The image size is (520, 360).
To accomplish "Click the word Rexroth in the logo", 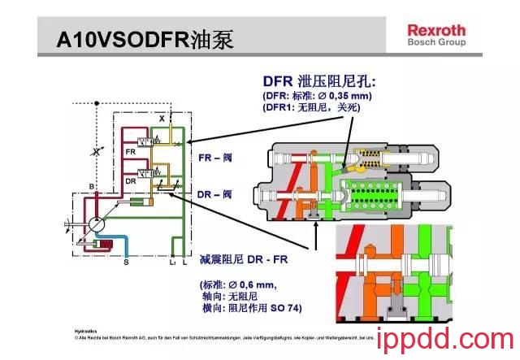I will click(x=436, y=30).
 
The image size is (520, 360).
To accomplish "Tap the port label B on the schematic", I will click(x=92, y=186).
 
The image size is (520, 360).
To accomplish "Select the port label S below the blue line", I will click(x=125, y=262).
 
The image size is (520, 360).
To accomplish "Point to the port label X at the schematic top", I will click(x=162, y=119).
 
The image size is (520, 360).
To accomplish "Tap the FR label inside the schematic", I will click(x=130, y=152).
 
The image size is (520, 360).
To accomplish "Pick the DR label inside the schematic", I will click(x=130, y=180).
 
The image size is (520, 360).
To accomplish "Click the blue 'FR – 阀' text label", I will click(x=215, y=157).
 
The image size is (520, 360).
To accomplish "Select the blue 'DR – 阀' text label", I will click(x=215, y=193).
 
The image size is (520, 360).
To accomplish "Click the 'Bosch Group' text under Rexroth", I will click(x=436, y=42).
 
